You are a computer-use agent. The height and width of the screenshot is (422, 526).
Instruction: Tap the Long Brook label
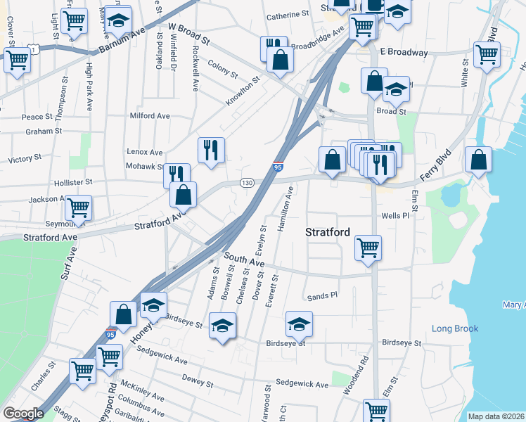coord(455,328)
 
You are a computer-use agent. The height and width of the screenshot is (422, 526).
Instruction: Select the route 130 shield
coord(247,183)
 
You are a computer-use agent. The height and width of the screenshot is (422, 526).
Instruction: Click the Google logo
coord(23,414)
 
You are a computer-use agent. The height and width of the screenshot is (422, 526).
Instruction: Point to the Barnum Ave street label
coord(120,41)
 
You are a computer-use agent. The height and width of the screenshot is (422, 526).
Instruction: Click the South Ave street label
coord(245,262)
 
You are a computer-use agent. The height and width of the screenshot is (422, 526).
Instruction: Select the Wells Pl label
coord(394,216)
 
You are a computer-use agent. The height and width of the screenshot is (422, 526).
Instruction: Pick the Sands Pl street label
coord(323,296)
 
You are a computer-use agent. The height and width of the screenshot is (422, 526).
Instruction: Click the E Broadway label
coord(404,52)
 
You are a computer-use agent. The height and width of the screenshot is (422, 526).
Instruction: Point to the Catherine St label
coord(288,13)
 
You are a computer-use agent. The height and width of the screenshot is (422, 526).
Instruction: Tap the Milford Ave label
coord(150,116)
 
